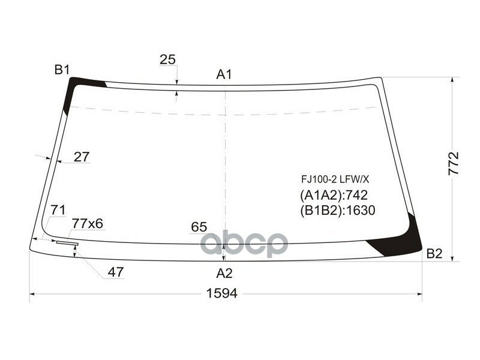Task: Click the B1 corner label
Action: click(x=62, y=70)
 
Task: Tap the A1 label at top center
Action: click(x=224, y=74)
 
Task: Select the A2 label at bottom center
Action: click(x=224, y=274)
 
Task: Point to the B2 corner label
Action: click(x=434, y=254)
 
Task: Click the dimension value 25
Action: click(x=168, y=59)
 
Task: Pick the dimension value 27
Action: click(x=82, y=157)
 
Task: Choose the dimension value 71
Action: click(x=58, y=210)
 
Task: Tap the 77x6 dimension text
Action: click(x=88, y=224)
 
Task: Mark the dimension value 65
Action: click(x=199, y=227)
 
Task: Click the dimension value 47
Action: click(x=116, y=272)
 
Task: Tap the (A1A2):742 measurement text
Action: click(x=333, y=195)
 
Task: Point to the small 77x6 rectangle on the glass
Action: click(x=67, y=243)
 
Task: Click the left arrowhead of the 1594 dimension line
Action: click(x=32, y=294)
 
